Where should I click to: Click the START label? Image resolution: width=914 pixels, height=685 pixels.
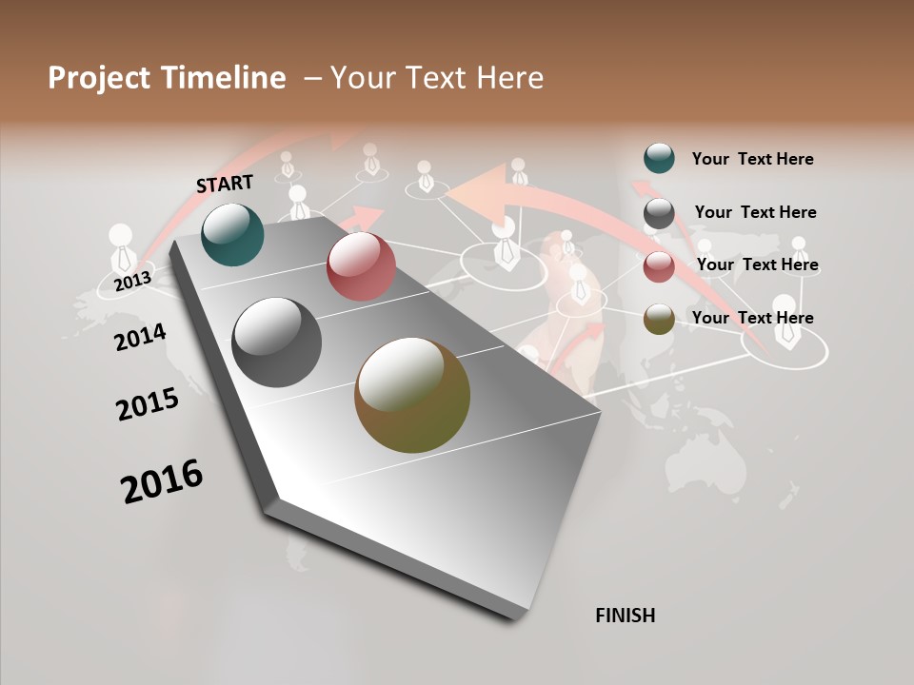click(x=225, y=183)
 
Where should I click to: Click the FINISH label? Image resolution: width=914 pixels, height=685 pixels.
click(x=626, y=616)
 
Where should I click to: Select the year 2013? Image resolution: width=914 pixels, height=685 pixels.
click(x=132, y=282)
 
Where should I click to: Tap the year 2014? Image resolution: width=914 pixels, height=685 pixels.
click(x=141, y=337)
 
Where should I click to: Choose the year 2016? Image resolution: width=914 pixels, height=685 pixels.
click(x=162, y=481)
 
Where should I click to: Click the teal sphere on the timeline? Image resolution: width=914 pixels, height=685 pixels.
click(x=232, y=234)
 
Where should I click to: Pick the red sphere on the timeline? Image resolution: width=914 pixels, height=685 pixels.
click(x=361, y=266)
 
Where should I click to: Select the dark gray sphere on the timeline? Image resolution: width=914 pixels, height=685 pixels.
click(x=277, y=342)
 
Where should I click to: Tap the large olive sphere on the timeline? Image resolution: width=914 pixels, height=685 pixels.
click(x=412, y=395)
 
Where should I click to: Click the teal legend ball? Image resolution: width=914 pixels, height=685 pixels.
click(x=659, y=158)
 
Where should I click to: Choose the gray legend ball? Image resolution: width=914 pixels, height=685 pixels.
click(x=659, y=213)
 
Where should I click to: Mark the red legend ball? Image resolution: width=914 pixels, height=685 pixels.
click(x=659, y=266)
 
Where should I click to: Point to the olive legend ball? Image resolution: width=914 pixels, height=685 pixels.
click(x=659, y=319)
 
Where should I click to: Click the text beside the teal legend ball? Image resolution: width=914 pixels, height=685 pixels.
click(x=752, y=159)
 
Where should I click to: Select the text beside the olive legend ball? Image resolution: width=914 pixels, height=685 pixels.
click(x=752, y=318)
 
